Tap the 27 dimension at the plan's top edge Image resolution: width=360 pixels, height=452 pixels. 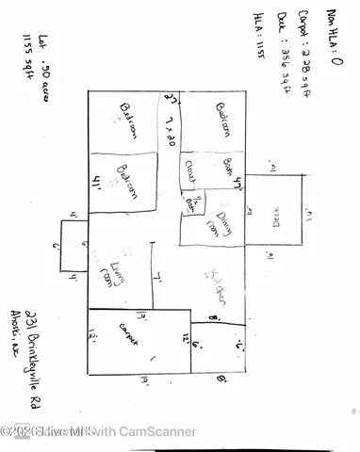coord(172,99)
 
